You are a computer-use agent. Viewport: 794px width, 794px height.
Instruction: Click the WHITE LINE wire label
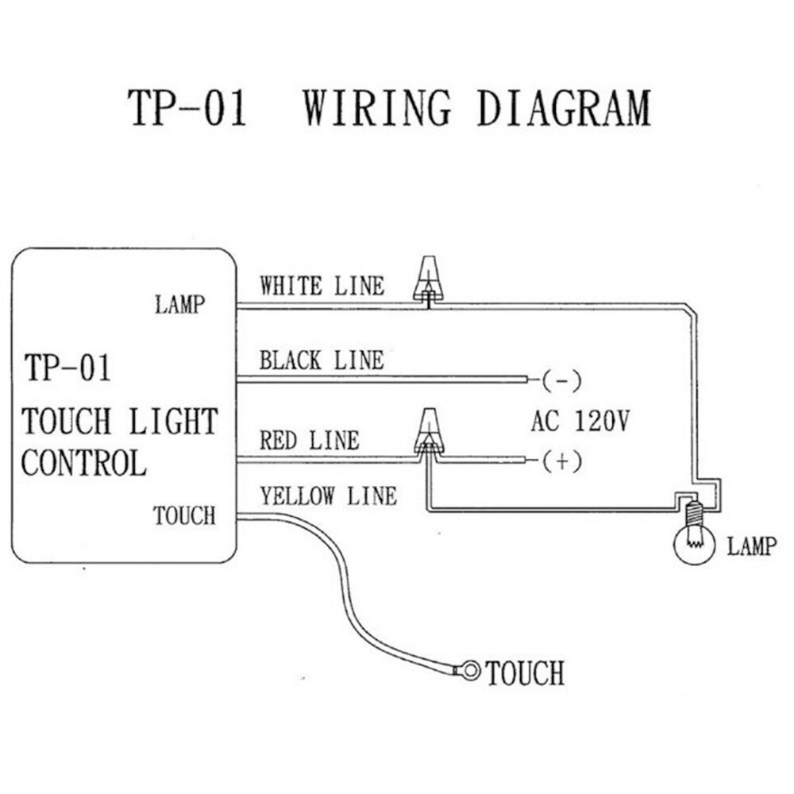click(x=322, y=286)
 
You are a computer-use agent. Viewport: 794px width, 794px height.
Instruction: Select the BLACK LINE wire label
click(x=321, y=360)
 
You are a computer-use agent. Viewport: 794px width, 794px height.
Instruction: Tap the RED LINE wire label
click(x=309, y=440)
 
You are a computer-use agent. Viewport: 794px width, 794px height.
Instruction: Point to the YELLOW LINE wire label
click(x=328, y=497)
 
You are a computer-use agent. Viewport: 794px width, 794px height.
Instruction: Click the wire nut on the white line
click(x=427, y=279)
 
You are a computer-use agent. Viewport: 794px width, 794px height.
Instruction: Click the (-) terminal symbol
click(x=562, y=381)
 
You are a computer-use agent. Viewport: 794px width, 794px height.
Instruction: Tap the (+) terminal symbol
click(x=562, y=461)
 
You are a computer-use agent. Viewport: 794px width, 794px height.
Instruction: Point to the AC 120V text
click(x=580, y=421)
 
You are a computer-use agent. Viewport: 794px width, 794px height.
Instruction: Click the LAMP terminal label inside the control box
click(x=179, y=304)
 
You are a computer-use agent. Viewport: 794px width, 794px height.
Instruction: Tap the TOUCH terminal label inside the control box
click(x=184, y=516)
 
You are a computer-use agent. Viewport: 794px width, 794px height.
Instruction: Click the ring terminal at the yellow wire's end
click(x=471, y=672)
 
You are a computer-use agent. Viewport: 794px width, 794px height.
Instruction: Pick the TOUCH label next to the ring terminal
click(x=525, y=673)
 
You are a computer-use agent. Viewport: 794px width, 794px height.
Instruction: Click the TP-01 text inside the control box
click(x=67, y=368)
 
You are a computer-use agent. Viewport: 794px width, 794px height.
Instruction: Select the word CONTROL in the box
click(x=83, y=463)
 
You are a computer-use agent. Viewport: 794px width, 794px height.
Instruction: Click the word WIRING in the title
click(x=377, y=109)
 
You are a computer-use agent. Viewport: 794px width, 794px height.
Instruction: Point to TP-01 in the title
click(x=187, y=109)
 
